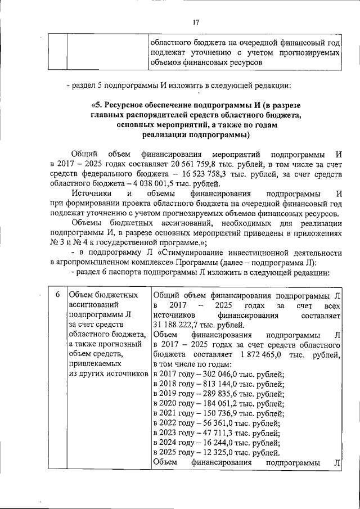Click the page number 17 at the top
click(x=196, y=22)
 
